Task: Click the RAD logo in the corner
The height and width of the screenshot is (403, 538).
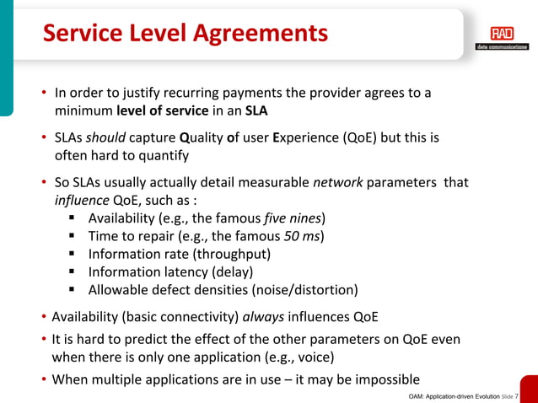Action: coord(501,36)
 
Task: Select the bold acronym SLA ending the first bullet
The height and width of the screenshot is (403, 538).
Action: coord(256,110)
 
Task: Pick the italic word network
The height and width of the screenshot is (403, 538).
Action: coord(336,182)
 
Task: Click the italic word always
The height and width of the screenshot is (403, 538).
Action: coord(264,317)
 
